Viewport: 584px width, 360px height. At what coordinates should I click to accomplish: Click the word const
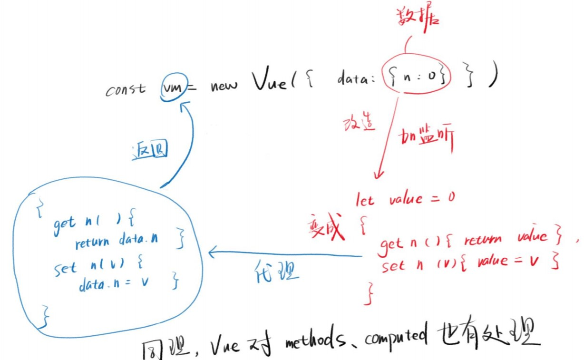click(126, 90)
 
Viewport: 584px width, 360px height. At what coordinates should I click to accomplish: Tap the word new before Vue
click(224, 88)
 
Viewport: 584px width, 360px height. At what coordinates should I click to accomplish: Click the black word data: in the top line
click(356, 79)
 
